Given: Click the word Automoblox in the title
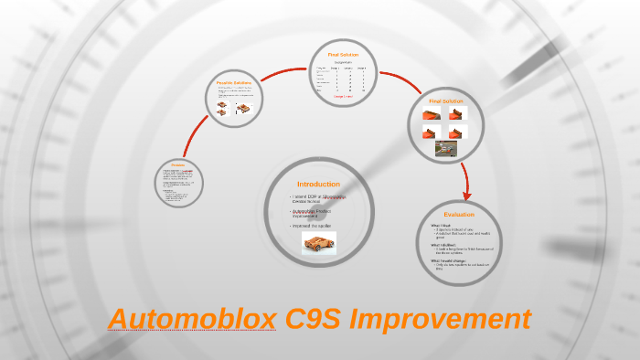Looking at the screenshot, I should [x=192, y=320].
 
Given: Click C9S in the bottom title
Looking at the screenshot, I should [x=314, y=320].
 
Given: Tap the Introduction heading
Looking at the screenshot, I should [x=318, y=185].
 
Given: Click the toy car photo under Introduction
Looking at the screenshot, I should [x=319, y=243].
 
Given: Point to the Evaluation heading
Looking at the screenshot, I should [x=459, y=215].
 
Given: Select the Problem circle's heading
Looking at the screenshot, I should [x=179, y=165].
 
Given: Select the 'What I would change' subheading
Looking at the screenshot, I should [x=449, y=260].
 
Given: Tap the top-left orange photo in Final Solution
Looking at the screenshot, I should [x=431, y=114].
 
